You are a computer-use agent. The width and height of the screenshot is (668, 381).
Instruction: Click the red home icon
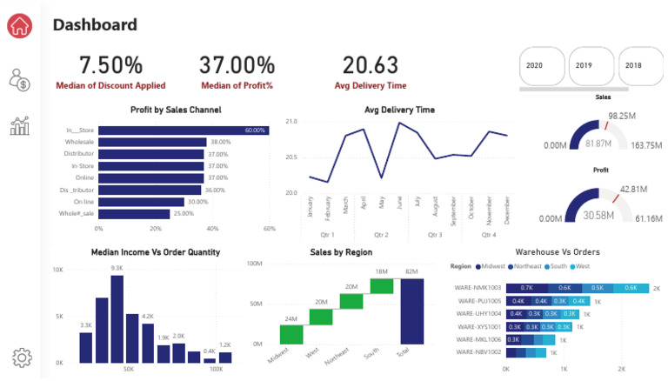tap(20, 25)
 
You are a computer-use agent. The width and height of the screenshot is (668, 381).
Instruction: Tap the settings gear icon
tap(22, 357)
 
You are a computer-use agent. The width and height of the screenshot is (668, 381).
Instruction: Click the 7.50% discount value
tap(110, 65)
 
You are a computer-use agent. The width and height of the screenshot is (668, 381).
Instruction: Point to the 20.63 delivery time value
tap(371, 65)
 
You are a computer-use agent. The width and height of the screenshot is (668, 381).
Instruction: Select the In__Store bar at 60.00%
tap(183, 130)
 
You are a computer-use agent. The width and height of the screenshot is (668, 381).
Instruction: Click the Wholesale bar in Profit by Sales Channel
tap(152, 142)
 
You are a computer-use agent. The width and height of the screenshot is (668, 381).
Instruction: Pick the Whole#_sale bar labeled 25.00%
tap(134, 213)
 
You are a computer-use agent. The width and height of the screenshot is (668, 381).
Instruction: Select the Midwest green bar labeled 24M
tap(291, 334)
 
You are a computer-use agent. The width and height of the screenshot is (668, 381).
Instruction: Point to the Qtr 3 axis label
tap(434, 235)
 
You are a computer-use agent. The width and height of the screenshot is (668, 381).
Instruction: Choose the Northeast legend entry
tap(525, 266)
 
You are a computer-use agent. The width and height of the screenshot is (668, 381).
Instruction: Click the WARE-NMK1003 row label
tap(478, 287)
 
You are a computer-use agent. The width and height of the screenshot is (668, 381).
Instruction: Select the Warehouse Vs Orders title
tap(557, 252)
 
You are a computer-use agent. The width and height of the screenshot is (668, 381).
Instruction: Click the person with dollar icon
tap(20, 81)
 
